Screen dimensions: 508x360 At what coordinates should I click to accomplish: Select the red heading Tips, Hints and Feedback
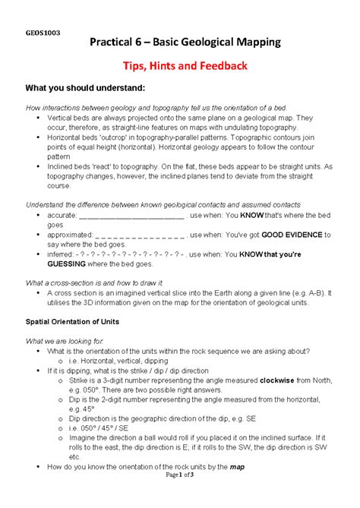[x=180, y=66]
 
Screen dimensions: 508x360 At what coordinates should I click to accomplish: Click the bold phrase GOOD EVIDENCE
[x=291, y=235]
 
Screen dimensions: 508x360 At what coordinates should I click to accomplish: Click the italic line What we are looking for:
[x=70, y=340]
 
